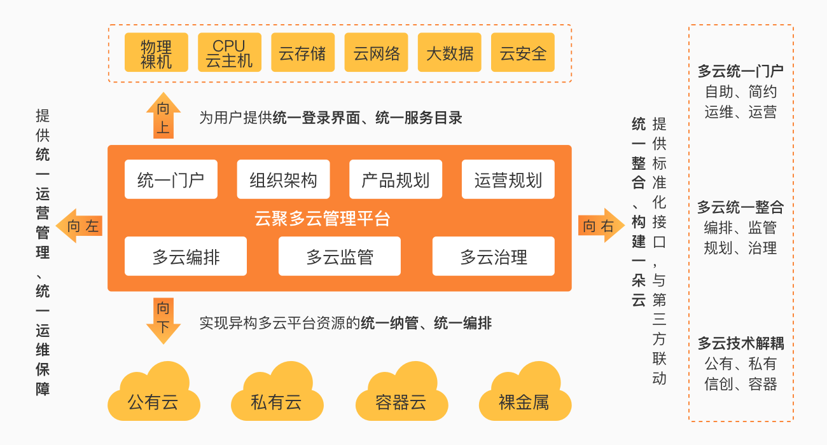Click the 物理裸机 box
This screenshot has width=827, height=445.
click(x=156, y=52)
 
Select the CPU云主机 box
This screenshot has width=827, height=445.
click(x=229, y=52)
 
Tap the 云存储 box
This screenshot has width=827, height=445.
click(x=303, y=52)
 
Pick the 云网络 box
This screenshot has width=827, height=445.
click(x=376, y=52)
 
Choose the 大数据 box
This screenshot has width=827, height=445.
click(x=450, y=52)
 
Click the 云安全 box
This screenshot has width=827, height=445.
click(x=523, y=52)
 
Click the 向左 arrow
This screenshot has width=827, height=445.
click(x=80, y=226)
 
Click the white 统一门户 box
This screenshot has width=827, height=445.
click(x=170, y=180)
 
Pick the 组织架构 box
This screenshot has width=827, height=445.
click(x=283, y=180)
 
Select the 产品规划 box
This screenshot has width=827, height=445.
click(x=396, y=180)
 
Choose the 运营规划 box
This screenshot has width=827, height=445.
click(x=508, y=180)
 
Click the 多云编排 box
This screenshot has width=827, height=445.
click(x=186, y=256)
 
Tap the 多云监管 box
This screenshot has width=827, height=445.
click(x=340, y=256)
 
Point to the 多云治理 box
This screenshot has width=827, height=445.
click(x=493, y=256)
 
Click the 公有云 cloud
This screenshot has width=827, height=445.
click(x=153, y=397)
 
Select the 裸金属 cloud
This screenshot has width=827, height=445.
click(x=524, y=397)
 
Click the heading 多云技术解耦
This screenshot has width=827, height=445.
click(x=740, y=344)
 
